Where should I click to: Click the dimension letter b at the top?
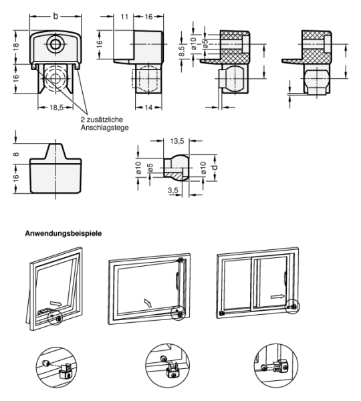coord(55,16)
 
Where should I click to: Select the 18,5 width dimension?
coord(56,108)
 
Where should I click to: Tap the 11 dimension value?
coord(124,17)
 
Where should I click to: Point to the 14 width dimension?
coord(148,108)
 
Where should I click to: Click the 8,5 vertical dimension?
coord(181,51)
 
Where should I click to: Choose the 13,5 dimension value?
coord(177,141)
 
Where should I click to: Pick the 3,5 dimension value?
coord(173,190)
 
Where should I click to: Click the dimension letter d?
coord(215,167)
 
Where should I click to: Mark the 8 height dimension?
coord(16,154)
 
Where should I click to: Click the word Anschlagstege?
coord(105,128)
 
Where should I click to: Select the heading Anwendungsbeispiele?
coord(64,233)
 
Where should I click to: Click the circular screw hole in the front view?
coord(55,45)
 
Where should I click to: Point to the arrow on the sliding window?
coord(277,296)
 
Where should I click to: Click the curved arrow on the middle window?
coord(148,303)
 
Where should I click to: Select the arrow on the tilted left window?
coord(55,303)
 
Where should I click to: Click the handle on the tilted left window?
coord(43,311)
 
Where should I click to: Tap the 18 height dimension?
coord(16,47)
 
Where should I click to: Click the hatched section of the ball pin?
coord(173,174)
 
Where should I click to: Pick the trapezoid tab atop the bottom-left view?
coord(55,152)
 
